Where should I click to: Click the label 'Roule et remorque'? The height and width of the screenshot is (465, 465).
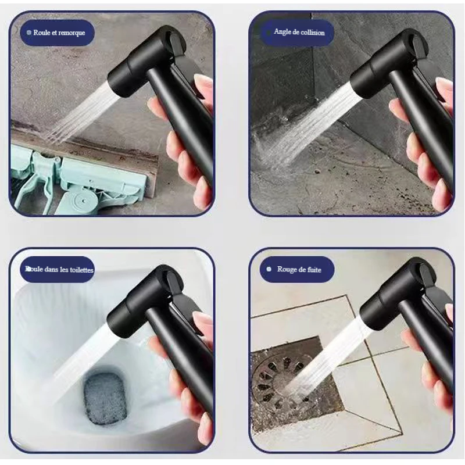tap(59, 33)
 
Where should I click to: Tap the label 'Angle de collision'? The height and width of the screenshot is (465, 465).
tap(299, 32)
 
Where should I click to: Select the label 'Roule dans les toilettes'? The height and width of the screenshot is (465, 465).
tap(59, 269)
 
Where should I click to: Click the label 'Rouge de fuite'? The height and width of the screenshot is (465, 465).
tap(299, 269)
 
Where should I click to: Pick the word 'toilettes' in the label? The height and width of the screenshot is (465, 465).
tap(81, 270)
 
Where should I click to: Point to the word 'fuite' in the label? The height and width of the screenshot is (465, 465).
tap(314, 269)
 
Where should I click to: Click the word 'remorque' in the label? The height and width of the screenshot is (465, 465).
tap(71, 33)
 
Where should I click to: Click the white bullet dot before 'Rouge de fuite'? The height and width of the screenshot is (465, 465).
tap(269, 269)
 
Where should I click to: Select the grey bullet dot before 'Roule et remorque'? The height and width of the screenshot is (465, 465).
tap(28, 33)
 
